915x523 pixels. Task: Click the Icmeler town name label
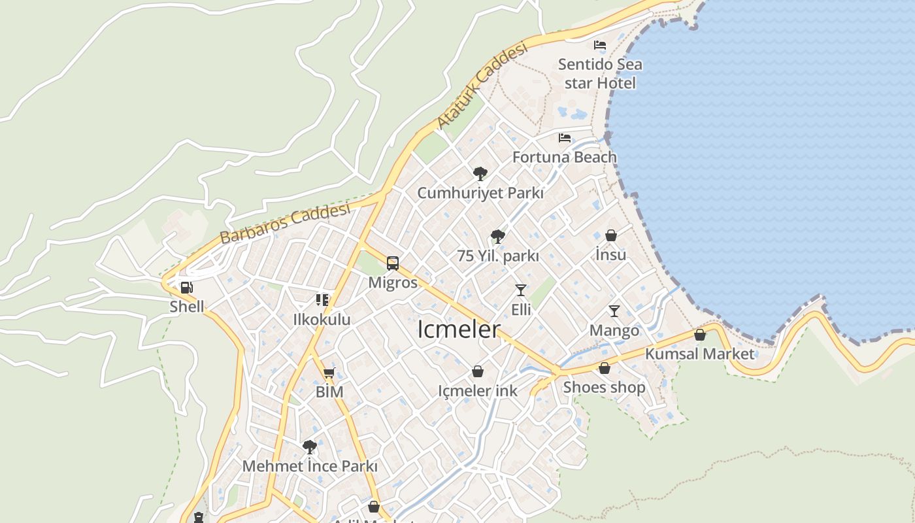tap(459, 329)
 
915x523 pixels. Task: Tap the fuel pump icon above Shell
tap(187, 288)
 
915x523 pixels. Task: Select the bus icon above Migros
tap(393, 263)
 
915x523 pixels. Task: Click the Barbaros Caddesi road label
tap(284, 223)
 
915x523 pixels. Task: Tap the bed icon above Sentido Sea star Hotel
tap(600, 45)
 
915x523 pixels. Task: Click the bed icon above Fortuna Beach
tap(565, 138)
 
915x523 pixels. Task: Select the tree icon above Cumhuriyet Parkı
tap(480, 174)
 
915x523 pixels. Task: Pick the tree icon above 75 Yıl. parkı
tap(498, 236)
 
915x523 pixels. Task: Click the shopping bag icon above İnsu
tap(611, 235)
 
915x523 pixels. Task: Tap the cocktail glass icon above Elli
tap(521, 290)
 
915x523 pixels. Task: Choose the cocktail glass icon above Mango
tap(614, 311)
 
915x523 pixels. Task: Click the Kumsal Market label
tap(699, 354)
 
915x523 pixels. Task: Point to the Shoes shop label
tap(604, 387)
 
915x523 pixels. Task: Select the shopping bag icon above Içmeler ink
tap(478, 372)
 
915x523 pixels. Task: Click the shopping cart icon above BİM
tap(329, 373)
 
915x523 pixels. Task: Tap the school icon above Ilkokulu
tap(322, 300)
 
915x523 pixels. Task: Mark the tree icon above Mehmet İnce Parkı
tap(310, 447)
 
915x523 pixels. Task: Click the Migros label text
tap(393, 282)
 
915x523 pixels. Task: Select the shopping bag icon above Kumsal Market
tap(700, 335)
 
